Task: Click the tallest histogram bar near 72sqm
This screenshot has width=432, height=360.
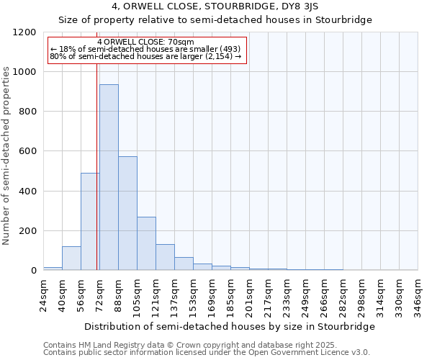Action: (x=109, y=177)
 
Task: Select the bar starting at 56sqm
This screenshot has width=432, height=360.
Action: (x=90, y=222)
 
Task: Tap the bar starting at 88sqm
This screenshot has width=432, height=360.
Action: (x=127, y=213)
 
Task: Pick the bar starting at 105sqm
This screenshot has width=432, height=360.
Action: (x=146, y=243)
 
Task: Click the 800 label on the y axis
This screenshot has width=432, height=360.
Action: (x=27, y=112)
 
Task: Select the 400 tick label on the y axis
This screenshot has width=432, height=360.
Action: (x=27, y=192)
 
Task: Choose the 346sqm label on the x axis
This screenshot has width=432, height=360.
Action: (x=418, y=295)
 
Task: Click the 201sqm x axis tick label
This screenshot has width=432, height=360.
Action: (x=249, y=295)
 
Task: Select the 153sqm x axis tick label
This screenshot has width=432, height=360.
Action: (x=193, y=295)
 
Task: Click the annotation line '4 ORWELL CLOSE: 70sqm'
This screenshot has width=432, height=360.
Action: (x=145, y=42)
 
